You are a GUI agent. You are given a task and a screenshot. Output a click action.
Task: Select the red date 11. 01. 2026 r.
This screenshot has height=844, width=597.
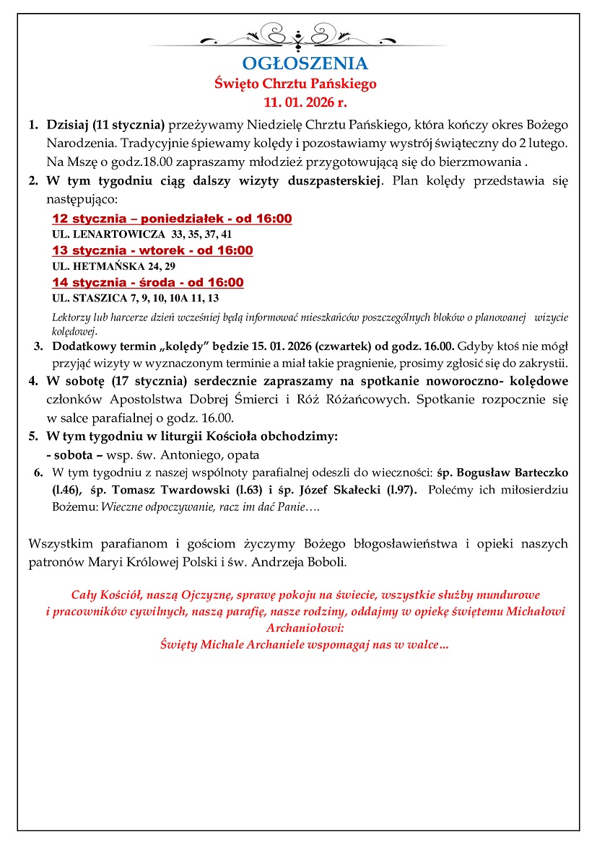[x=295, y=102]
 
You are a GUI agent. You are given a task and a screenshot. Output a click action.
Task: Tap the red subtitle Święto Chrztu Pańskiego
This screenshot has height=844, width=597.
[x=295, y=84]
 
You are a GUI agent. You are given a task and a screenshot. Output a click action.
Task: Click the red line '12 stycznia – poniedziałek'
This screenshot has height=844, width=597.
[x=172, y=219]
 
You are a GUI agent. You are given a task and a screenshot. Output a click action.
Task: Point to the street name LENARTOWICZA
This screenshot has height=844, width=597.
[x=116, y=234]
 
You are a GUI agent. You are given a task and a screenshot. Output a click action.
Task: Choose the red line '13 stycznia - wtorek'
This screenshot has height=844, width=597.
[x=152, y=250]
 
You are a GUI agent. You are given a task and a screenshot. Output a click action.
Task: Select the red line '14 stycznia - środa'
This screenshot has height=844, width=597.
[x=148, y=282]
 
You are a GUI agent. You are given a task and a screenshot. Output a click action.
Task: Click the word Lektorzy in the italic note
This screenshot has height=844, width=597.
[x=72, y=317]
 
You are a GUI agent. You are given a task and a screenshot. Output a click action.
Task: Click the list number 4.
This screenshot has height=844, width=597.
[x=33, y=381]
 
